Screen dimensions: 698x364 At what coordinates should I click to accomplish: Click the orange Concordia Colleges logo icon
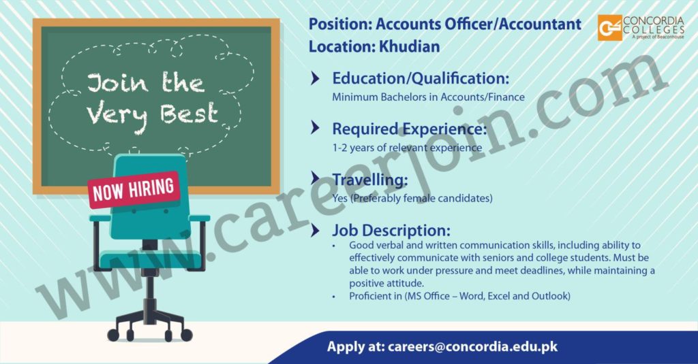click(x=609, y=28)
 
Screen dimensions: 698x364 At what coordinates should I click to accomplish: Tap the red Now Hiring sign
click(x=134, y=190)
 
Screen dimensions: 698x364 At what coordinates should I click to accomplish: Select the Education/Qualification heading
click(x=420, y=79)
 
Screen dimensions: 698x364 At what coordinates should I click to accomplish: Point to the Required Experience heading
click(x=409, y=129)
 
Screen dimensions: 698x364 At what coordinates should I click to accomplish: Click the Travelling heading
click(x=370, y=180)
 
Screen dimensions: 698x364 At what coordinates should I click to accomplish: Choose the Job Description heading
click(x=391, y=230)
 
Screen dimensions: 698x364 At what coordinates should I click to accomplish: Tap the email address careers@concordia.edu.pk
click(x=472, y=347)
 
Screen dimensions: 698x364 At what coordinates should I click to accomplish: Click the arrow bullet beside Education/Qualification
click(x=315, y=79)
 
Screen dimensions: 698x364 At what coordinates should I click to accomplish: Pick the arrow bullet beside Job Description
click(x=315, y=230)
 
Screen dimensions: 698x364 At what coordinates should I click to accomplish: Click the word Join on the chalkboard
click(x=117, y=83)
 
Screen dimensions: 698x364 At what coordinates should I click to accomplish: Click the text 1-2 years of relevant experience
click(x=407, y=148)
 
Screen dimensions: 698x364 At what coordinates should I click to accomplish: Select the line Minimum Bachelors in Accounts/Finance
click(x=428, y=97)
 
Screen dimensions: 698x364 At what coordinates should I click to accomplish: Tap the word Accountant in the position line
click(x=540, y=24)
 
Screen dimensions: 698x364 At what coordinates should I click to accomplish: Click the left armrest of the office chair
click(x=100, y=218)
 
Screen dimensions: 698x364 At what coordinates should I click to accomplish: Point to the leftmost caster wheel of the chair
click(x=113, y=335)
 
